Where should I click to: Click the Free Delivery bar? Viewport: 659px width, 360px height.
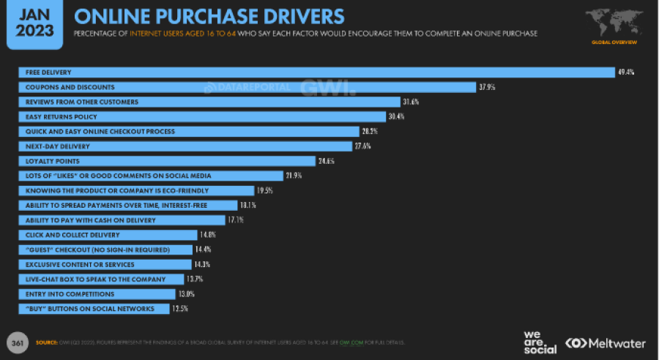click(315, 72)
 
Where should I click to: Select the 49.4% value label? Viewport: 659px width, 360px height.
click(625, 72)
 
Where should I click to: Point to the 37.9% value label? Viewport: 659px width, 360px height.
click(488, 87)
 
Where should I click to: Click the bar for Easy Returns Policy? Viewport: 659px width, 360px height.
click(201, 116)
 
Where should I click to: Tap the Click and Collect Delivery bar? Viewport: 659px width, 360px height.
click(108, 235)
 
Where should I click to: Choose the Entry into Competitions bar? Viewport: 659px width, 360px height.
click(97, 294)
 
